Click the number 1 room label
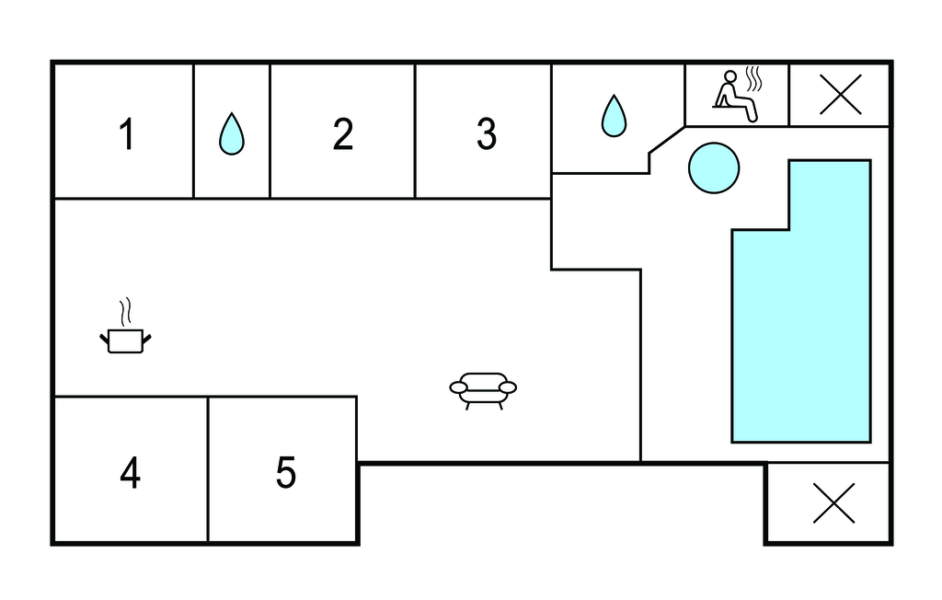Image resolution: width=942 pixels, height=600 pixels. [x=127, y=134]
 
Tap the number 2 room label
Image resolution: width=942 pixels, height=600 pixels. [x=343, y=134]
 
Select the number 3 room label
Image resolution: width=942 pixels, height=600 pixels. [x=486, y=134]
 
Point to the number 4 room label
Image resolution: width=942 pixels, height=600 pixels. [x=130, y=473]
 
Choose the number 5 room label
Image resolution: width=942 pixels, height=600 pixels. [x=286, y=473]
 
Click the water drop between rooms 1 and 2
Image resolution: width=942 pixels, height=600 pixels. [x=232, y=134]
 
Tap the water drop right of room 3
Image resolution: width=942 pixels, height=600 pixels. [x=614, y=117]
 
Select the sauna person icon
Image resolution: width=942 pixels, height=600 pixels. [x=735, y=96]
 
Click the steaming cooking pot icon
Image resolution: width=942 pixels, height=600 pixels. [x=125, y=340]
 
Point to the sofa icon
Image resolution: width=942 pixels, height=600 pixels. [x=483, y=388]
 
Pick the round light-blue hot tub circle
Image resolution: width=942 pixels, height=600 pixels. [x=714, y=168]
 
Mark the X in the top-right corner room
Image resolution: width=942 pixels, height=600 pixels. [x=840, y=94]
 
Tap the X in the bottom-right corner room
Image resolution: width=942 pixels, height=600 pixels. [x=833, y=502]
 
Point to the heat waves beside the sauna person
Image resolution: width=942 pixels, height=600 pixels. [x=754, y=78]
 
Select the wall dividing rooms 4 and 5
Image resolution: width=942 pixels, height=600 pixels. [x=208, y=469]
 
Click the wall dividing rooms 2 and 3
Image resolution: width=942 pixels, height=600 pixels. [x=415, y=131]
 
